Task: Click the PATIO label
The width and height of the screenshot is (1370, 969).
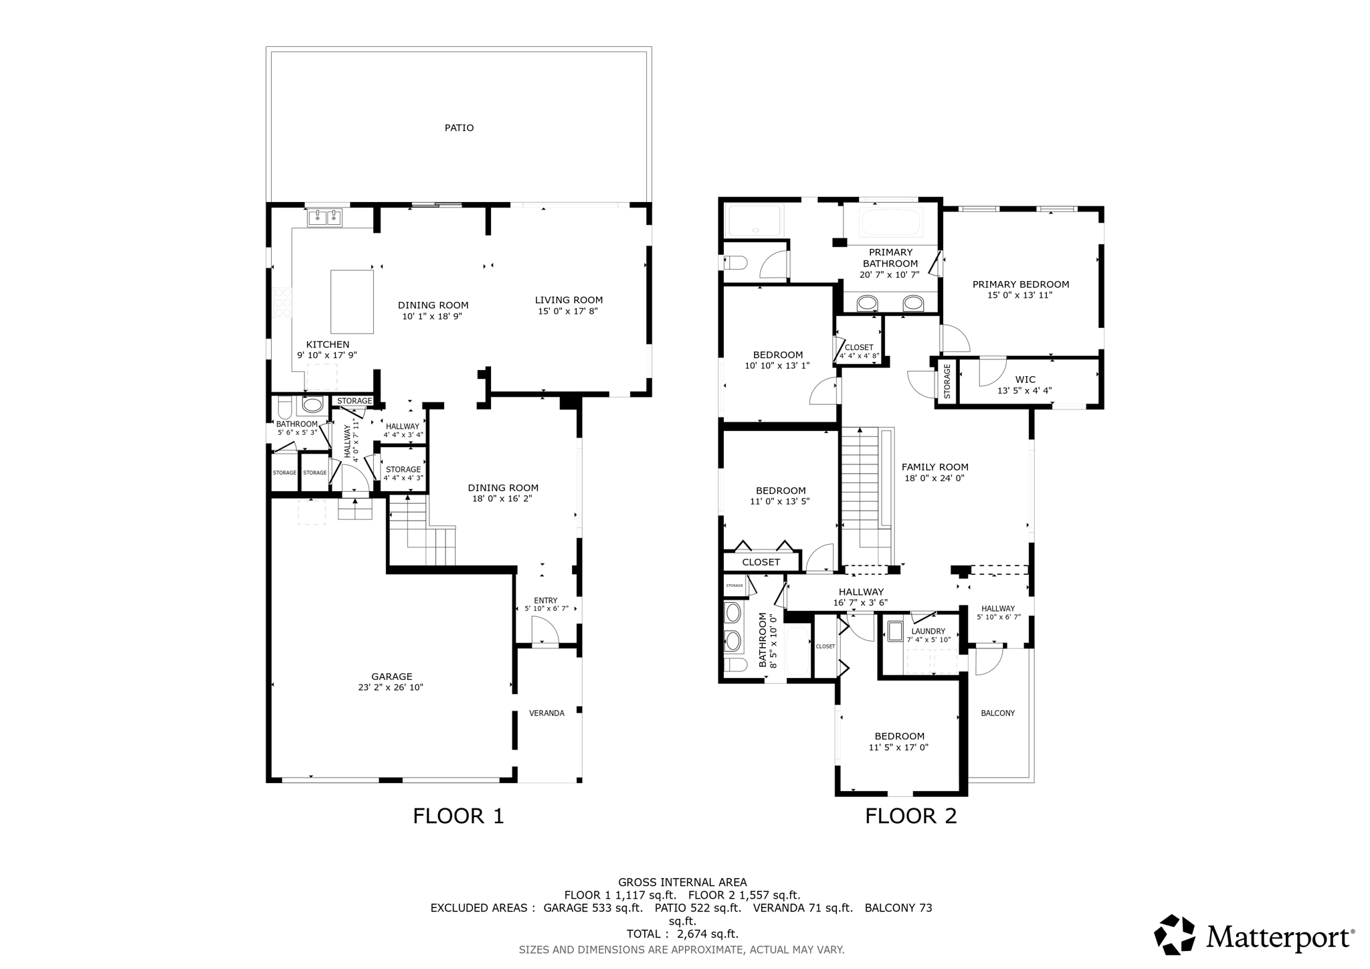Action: click(x=459, y=128)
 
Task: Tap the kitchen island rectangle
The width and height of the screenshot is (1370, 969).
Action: click(x=352, y=302)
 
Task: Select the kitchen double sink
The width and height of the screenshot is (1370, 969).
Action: click(x=325, y=217)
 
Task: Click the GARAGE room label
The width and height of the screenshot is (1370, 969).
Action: click(x=391, y=677)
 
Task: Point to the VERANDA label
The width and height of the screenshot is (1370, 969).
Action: click(x=547, y=713)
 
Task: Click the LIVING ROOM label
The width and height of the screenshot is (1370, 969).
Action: click(x=569, y=300)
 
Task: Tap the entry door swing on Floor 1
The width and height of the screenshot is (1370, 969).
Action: click(x=545, y=630)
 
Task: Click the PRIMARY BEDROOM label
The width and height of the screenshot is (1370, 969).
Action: click(x=1021, y=284)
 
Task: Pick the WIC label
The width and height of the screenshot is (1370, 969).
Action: click(x=1025, y=380)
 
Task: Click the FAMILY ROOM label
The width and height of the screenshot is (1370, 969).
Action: click(x=935, y=467)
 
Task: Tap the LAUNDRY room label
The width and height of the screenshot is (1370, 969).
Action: click(x=928, y=631)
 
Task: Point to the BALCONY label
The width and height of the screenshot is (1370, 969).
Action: click(x=998, y=713)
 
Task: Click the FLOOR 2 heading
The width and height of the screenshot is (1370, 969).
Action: click(x=910, y=816)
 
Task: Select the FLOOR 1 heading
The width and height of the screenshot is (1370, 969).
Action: click(x=458, y=816)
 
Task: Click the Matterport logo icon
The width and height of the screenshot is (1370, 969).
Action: click(x=1175, y=934)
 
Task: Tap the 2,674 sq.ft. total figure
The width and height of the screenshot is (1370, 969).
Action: click(x=708, y=934)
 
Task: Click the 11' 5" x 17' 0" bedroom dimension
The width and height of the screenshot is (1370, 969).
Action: click(x=898, y=747)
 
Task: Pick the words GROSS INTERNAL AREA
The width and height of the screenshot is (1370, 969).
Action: click(x=682, y=883)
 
